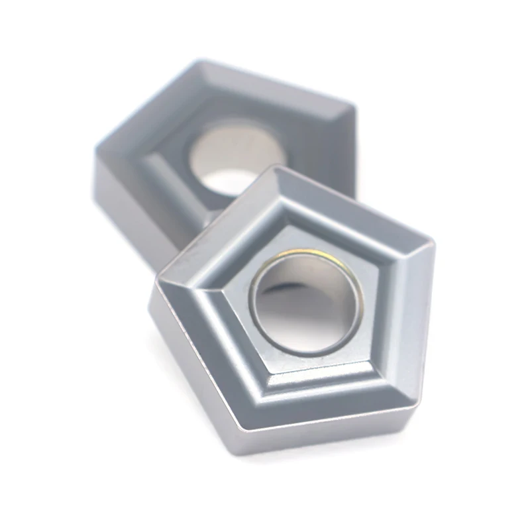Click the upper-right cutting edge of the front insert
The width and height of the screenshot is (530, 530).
(x=358, y=205)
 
